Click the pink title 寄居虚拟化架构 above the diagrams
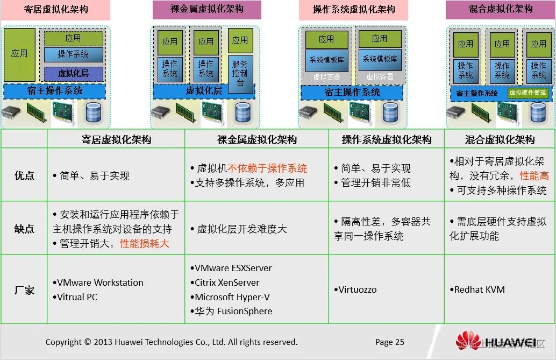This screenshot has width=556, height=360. [56, 10]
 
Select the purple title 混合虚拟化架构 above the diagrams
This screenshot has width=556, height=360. [500, 10]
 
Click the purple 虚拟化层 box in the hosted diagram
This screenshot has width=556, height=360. [73, 73]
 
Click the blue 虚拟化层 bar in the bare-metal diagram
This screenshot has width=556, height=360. [204, 91]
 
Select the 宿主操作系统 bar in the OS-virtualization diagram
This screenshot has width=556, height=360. [352, 93]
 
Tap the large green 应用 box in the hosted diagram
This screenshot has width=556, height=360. [19, 54]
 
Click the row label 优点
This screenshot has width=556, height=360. [24, 175]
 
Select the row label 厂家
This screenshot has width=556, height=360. [24, 290]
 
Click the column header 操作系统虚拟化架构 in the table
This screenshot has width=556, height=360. [386, 140]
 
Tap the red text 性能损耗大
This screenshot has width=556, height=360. [144, 244]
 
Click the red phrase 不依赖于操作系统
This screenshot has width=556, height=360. [267, 168]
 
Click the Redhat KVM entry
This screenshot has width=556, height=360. [479, 290]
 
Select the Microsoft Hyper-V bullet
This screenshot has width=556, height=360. [232, 297]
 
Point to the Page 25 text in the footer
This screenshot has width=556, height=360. [389, 342]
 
